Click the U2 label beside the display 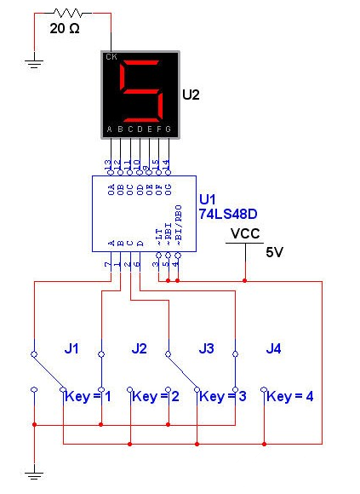coord(191,95)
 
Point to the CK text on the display coord(111,58)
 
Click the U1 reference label coord(208,199)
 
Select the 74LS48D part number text coord(227,215)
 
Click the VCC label coord(243,233)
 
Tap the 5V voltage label coord(273,252)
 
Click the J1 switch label coord(72,348)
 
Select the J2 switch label coord(140,348)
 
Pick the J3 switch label coord(206,348)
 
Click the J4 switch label coord(273,348)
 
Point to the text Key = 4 coord(291,396)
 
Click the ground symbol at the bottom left coord(34,473)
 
